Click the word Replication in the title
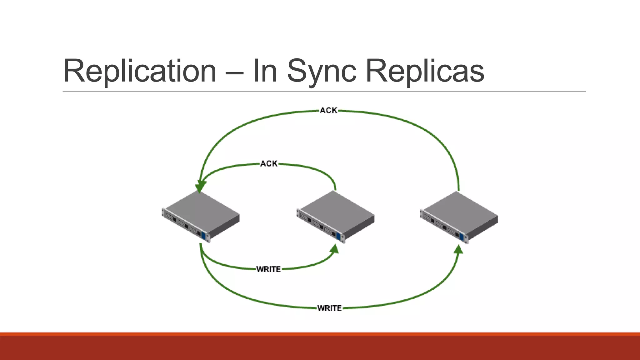point(140,71)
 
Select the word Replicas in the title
point(425,71)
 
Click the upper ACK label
point(328,111)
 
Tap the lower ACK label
point(269,164)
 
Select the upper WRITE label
point(268,269)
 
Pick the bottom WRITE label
point(329,308)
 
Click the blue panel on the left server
point(204,236)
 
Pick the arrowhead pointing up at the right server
point(458,249)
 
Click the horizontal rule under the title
point(324,91)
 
